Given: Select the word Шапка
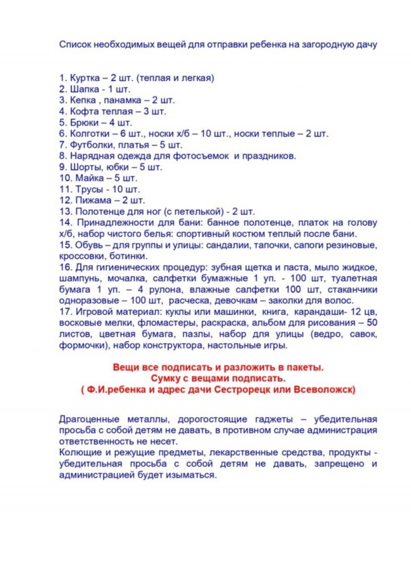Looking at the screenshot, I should click(x=86, y=89).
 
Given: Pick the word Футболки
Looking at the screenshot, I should click(x=92, y=144).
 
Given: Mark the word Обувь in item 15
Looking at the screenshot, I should click(x=89, y=245).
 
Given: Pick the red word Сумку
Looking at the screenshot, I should click(x=166, y=378).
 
